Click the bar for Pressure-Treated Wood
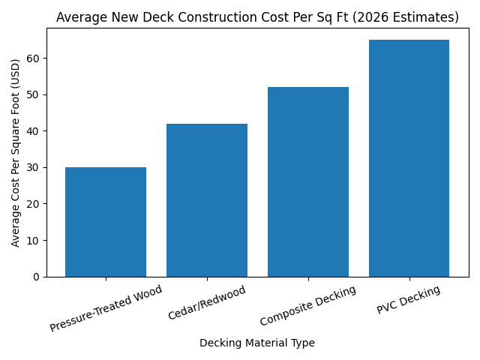pos(106,222)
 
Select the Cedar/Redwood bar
pos(207,200)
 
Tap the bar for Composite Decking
pos(308,182)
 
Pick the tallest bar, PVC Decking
pos(409,158)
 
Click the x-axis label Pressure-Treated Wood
pos(106,308)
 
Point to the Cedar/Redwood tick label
pos(207,303)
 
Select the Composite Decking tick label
pos(308,305)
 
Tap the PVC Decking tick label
pos(409,300)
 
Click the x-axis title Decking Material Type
pos(257,343)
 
